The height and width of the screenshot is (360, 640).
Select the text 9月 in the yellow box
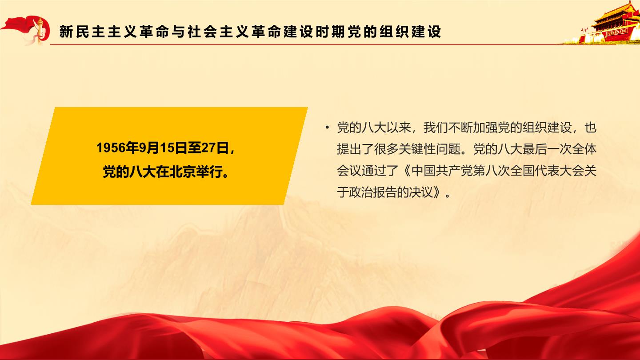click(149, 148)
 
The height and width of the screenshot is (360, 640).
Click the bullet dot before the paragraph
click(327, 127)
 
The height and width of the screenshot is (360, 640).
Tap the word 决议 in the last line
click(421, 192)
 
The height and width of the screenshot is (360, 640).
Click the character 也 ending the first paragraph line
click(591, 127)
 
